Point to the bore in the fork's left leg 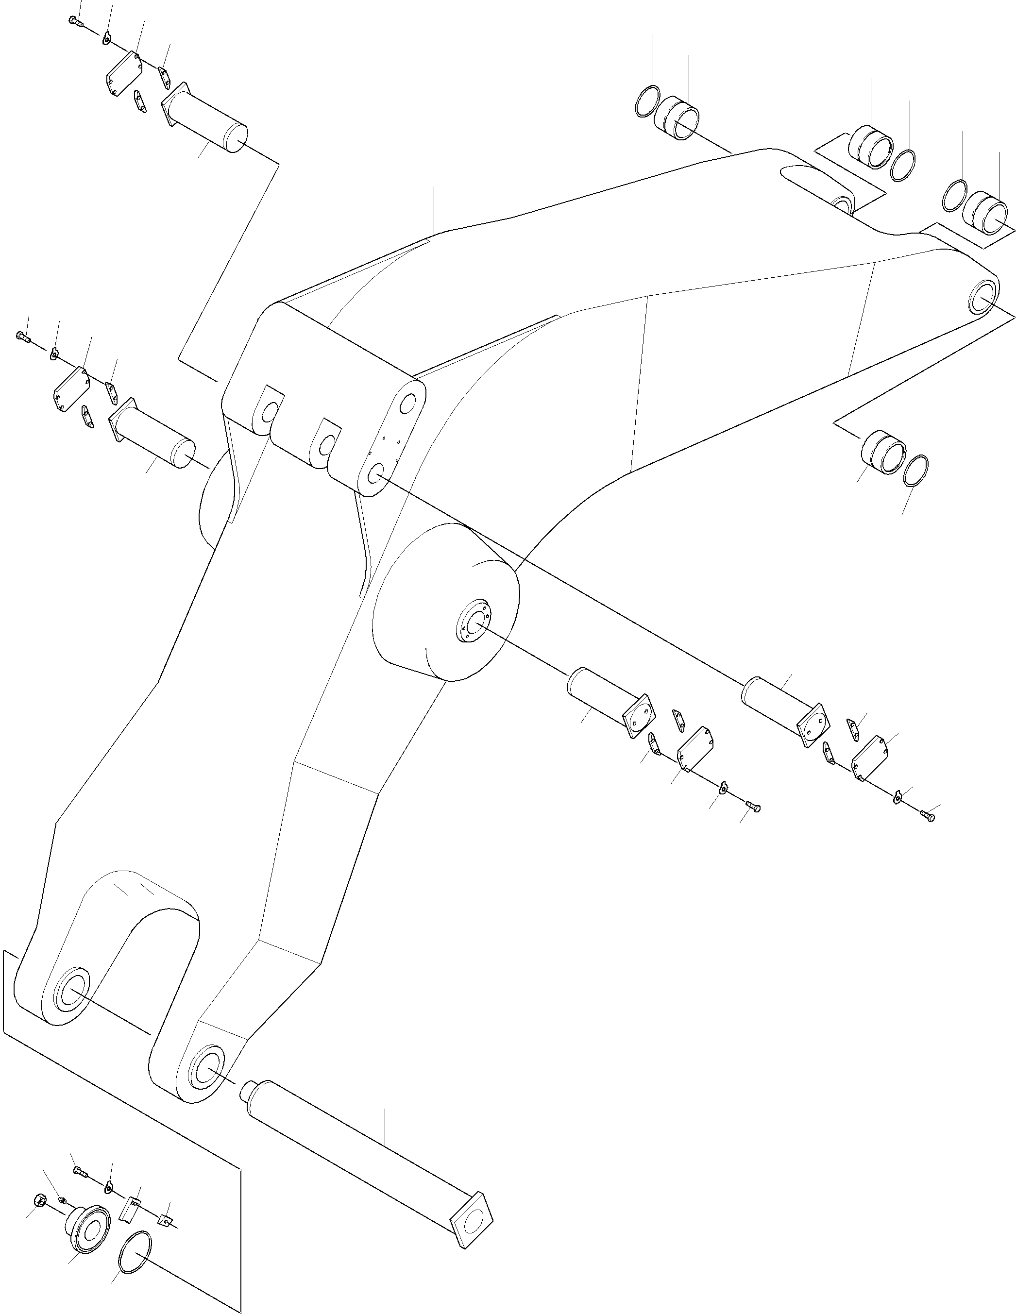click(x=71, y=989)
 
